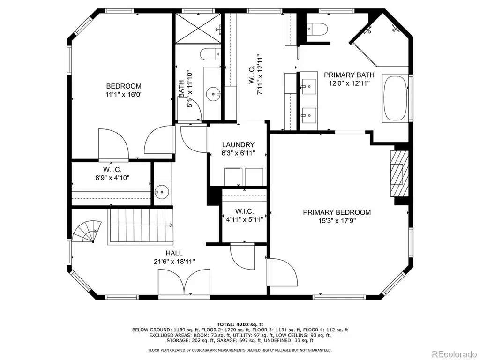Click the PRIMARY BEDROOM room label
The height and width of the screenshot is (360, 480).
click(x=337, y=212)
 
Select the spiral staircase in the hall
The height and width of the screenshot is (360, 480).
click(x=87, y=232)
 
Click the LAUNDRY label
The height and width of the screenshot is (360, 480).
click(x=238, y=144)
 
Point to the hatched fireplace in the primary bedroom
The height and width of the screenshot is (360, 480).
click(x=399, y=173)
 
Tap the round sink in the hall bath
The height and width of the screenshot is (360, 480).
click(x=213, y=94)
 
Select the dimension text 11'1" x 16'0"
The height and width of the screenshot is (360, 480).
click(x=124, y=95)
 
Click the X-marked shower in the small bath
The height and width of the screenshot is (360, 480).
click(x=198, y=28)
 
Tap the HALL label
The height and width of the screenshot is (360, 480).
click(x=174, y=253)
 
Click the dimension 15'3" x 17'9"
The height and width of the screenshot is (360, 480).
click(x=337, y=221)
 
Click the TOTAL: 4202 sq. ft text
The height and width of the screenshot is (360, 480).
click(x=240, y=324)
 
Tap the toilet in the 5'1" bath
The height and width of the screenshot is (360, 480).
click(x=210, y=54)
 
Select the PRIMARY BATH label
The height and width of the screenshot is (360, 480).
click(x=349, y=75)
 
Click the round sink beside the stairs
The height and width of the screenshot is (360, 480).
click(x=161, y=192)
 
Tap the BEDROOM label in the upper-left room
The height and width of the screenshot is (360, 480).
click(x=124, y=86)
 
